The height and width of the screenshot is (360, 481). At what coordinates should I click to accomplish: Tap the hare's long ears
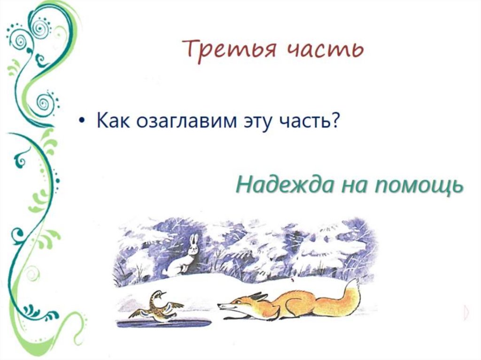pyautogui.click(x=193, y=240)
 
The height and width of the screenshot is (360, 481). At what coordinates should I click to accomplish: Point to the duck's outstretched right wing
pyautogui.click(x=176, y=305)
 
